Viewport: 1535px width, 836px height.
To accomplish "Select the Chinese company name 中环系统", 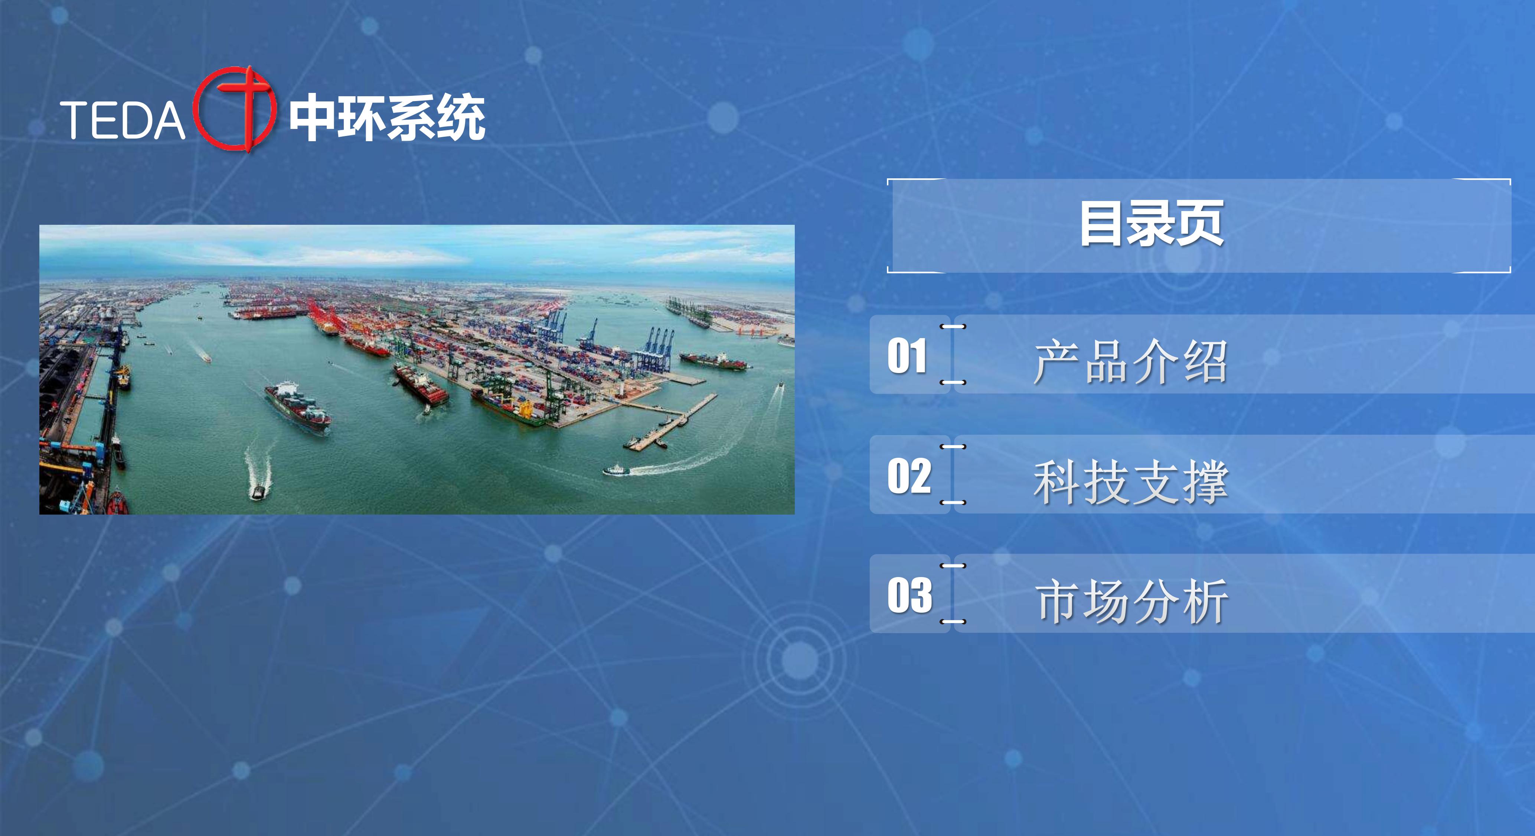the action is coord(387,117).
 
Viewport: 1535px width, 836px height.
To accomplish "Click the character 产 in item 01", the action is coord(1057,362).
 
